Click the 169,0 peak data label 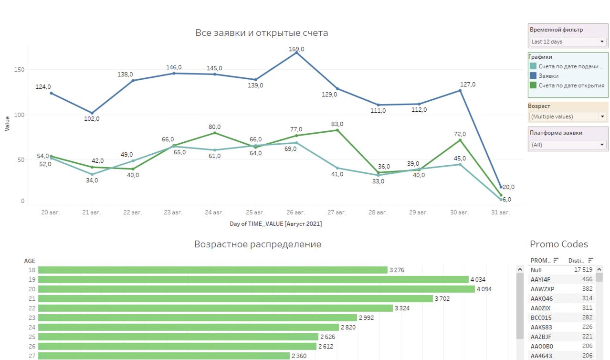296,49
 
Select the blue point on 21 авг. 92,113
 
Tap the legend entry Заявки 548,76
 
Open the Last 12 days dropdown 568,42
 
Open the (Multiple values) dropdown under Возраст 568,116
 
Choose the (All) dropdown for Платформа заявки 568,145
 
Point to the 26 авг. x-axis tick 296,212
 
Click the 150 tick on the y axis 19,69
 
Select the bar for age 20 256,289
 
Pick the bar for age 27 164,356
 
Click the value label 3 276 397,270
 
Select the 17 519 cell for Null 583,270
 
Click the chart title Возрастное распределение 258,244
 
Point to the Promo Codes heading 559,244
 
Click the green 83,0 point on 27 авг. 337,130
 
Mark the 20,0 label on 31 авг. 508,187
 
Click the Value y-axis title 7,124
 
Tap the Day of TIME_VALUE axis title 275,224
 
